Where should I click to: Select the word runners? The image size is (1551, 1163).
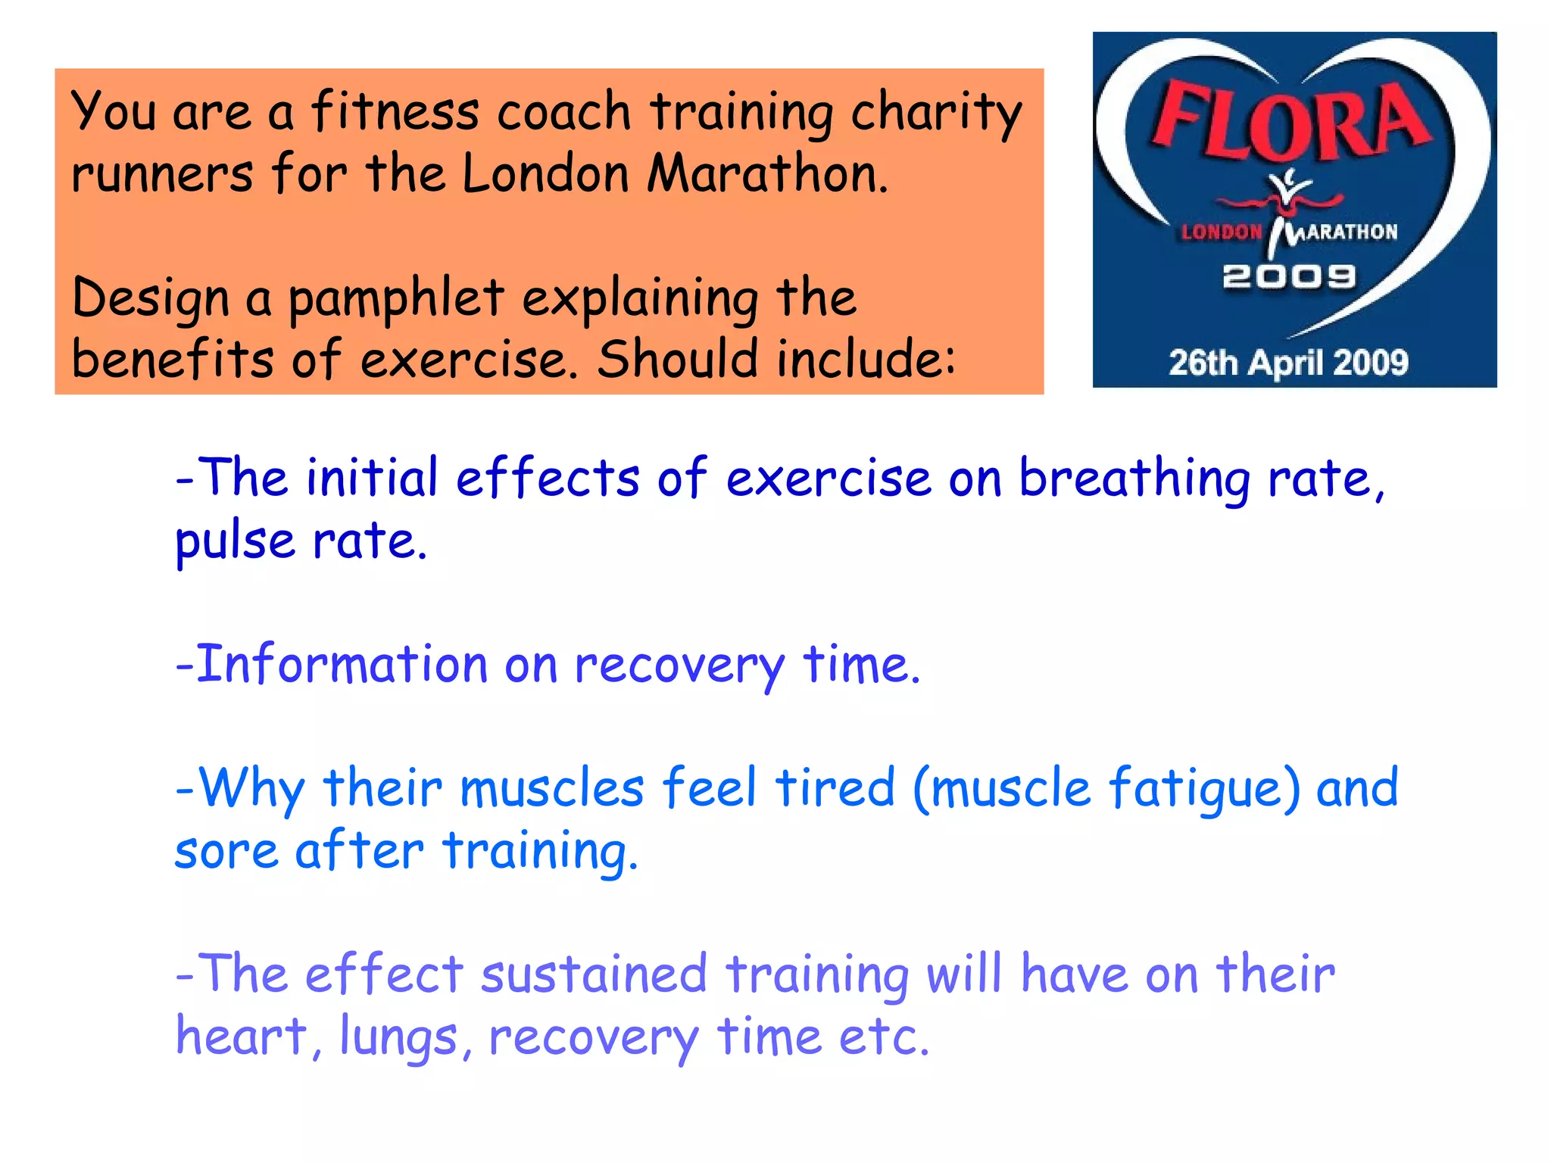(x=162, y=174)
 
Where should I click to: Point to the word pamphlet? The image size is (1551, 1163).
(x=395, y=299)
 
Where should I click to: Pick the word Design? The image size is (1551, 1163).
(x=150, y=299)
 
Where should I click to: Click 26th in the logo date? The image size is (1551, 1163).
(x=1203, y=363)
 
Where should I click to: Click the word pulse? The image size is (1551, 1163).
(x=235, y=542)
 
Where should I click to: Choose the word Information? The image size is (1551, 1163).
(x=342, y=664)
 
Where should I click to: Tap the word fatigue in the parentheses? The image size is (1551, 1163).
(x=1195, y=790)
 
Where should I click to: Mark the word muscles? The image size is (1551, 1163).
(x=552, y=788)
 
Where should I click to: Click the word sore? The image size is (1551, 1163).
(x=226, y=851)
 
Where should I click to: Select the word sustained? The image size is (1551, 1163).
(x=594, y=974)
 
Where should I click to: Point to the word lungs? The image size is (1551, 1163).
(x=398, y=1037)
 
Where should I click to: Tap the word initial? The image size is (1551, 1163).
(x=372, y=479)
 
